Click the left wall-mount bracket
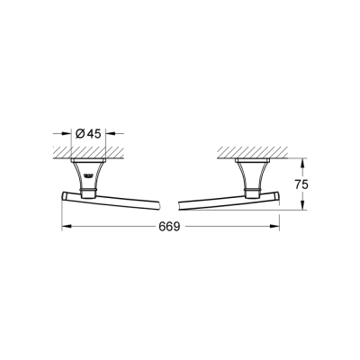pyautogui.click(x=89, y=171)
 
